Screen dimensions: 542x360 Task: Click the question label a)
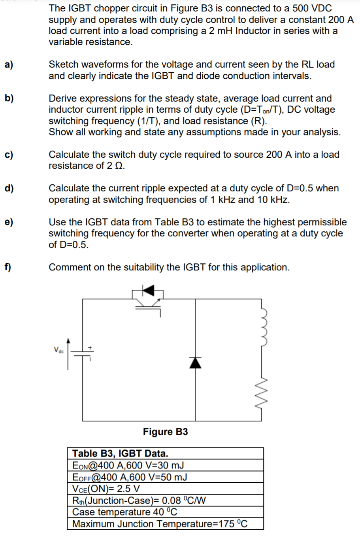pyautogui.click(x=9, y=64)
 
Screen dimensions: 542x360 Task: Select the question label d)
pyautogui.click(x=9, y=188)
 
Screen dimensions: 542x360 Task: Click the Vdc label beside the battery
pyautogui.click(x=58, y=349)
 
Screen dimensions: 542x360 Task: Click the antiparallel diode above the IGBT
pyautogui.click(x=148, y=291)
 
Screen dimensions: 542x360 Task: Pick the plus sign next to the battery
pyautogui.click(x=90, y=347)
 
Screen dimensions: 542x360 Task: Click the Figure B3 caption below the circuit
pyautogui.click(x=165, y=432)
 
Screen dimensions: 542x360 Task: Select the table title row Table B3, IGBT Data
pyautogui.click(x=120, y=453)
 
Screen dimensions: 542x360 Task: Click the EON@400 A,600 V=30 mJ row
pyautogui.click(x=128, y=465)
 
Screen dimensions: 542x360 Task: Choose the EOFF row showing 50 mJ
pyautogui.click(x=130, y=477)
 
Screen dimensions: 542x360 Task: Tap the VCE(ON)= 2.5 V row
pyautogui.click(x=106, y=489)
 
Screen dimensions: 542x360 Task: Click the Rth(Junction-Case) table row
pyautogui.click(x=139, y=500)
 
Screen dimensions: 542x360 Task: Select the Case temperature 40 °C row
pyautogui.click(x=124, y=512)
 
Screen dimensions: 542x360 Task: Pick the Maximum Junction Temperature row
pyautogui.click(x=160, y=524)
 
